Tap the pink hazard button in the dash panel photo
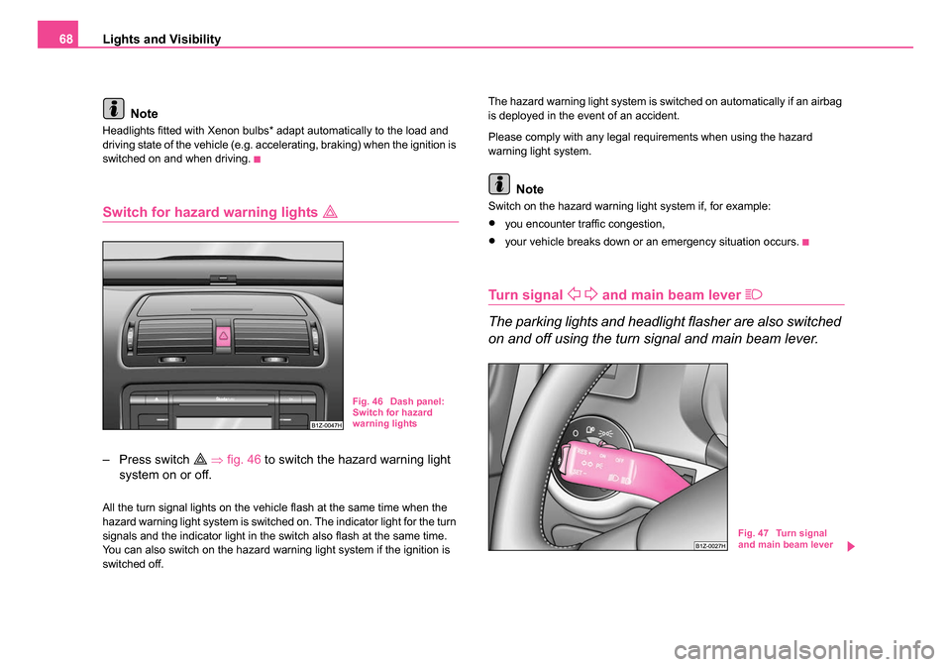click(224, 335)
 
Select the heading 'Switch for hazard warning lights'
click(192, 210)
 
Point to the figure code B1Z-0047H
click(325, 424)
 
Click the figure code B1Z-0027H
click(709, 545)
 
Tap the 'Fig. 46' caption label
click(368, 401)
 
